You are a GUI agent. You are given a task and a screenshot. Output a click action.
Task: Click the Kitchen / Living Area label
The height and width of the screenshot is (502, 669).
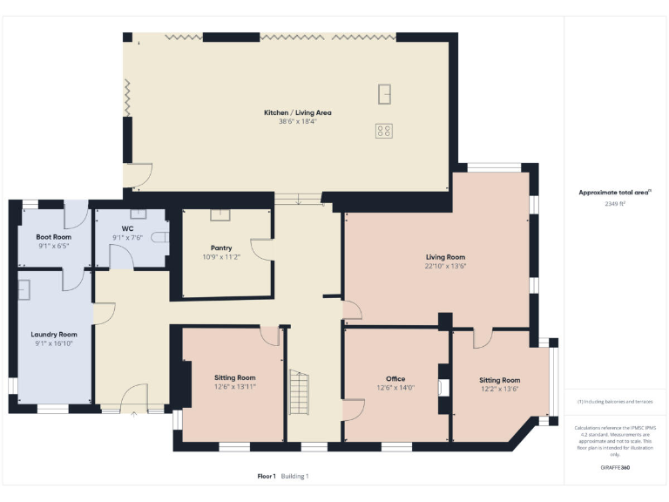pyautogui.click(x=298, y=112)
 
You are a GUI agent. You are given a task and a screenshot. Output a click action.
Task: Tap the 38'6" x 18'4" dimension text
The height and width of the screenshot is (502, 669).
pyautogui.click(x=298, y=122)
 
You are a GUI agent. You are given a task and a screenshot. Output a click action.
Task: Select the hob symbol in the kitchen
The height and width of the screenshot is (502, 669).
pyautogui.click(x=384, y=131)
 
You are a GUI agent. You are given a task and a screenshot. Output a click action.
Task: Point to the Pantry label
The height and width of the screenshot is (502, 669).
pyautogui.click(x=220, y=248)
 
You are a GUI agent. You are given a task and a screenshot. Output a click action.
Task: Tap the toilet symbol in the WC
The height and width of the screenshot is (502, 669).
pyautogui.click(x=159, y=236)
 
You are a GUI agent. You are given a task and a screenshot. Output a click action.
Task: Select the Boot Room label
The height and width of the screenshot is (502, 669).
pyautogui.click(x=53, y=236)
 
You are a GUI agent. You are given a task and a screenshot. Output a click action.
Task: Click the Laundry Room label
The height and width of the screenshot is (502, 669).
pyautogui.click(x=53, y=334)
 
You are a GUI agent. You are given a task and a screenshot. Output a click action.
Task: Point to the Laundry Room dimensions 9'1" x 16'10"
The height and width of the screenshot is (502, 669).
pyautogui.click(x=53, y=343)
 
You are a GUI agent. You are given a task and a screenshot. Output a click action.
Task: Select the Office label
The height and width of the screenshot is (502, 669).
pyautogui.click(x=395, y=379)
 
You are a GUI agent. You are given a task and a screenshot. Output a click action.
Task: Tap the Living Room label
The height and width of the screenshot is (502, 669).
pyautogui.click(x=445, y=257)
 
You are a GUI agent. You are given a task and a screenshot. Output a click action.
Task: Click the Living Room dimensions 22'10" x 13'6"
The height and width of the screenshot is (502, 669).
pyautogui.click(x=445, y=267)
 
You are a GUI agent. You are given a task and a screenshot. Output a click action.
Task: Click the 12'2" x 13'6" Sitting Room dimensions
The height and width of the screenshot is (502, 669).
pyautogui.click(x=499, y=390)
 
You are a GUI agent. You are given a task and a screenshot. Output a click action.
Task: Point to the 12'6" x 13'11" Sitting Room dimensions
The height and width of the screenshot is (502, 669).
pyautogui.click(x=234, y=386)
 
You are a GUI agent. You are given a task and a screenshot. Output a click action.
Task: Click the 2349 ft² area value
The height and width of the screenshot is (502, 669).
pyautogui.click(x=615, y=203)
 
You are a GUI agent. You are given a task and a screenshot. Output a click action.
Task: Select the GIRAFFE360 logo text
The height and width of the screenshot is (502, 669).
pyautogui.click(x=615, y=468)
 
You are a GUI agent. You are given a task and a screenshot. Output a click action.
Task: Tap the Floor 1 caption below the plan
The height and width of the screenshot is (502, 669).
pyautogui.click(x=267, y=476)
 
